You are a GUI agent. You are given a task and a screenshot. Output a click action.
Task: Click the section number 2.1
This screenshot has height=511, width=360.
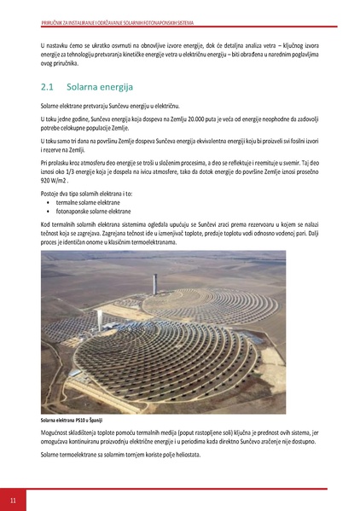click(47, 87)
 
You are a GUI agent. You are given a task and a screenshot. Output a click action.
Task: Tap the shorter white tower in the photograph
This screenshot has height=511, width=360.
click(101, 320)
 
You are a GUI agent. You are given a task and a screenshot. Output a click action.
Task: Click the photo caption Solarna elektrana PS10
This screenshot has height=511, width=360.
click(76, 420)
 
